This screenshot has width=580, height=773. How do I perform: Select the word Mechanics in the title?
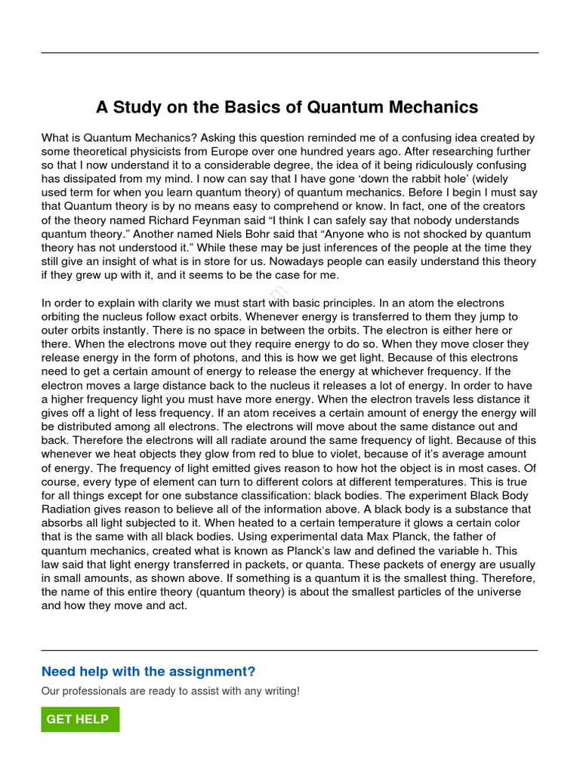pos(433,107)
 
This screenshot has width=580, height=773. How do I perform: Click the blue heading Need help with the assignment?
pos(148,672)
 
